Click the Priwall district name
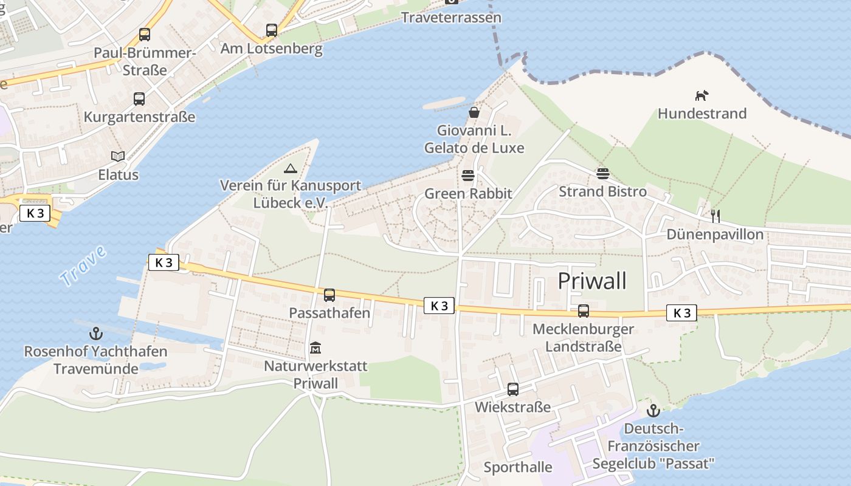591,281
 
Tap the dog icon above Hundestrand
702,95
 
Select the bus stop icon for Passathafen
329,295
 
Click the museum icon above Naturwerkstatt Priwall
315,348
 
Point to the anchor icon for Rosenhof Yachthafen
95,333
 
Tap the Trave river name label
83,267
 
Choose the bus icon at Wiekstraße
513,389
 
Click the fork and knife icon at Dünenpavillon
715,216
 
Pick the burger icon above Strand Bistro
602,174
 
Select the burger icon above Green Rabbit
468,176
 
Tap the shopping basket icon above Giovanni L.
474,112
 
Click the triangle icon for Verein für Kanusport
291,168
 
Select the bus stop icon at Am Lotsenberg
272,30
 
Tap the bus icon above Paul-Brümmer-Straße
145,35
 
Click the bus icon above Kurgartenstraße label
139,99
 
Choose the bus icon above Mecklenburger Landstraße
584,311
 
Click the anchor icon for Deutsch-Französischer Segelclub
653,411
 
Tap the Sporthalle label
518,467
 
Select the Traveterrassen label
452,17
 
